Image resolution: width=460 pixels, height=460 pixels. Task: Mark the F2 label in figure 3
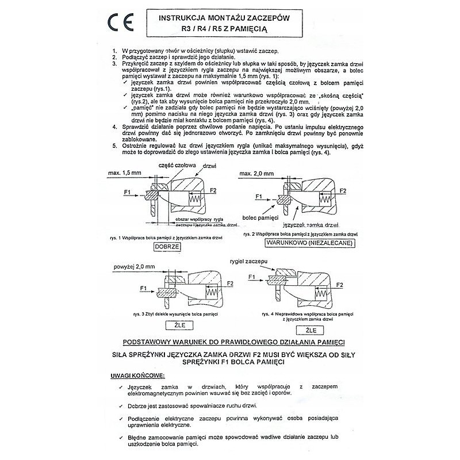coord(231,283)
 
